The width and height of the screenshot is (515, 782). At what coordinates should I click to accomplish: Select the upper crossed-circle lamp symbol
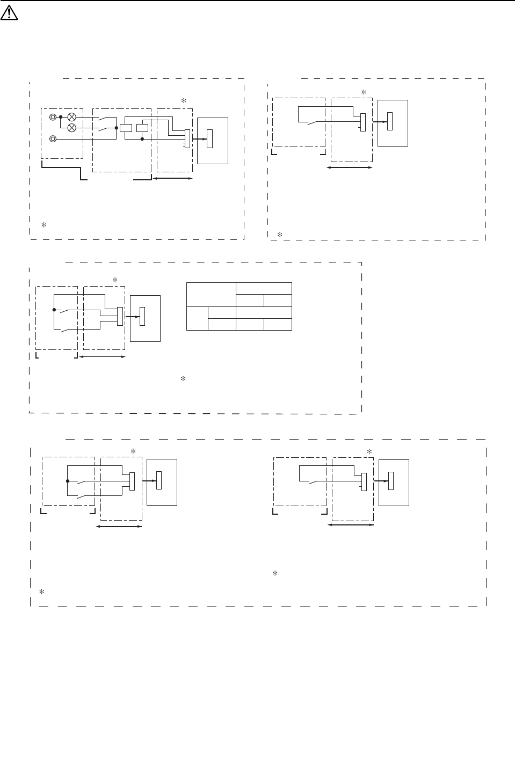click(71, 117)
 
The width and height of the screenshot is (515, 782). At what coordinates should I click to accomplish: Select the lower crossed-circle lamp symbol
click(71, 128)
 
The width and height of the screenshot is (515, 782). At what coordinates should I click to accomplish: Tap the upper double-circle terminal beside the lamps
click(53, 116)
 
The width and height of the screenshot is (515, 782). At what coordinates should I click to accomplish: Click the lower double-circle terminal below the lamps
click(53, 138)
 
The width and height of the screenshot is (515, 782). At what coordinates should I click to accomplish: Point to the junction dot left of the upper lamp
click(61, 117)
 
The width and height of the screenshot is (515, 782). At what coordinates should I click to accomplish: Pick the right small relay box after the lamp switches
click(142, 128)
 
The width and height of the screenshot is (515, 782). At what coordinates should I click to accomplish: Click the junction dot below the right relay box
click(142, 138)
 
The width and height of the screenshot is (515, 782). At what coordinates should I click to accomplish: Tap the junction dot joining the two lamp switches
click(116, 128)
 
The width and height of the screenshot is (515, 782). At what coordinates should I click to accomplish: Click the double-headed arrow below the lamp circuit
click(173, 178)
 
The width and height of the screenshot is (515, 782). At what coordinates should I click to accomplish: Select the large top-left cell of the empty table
click(211, 294)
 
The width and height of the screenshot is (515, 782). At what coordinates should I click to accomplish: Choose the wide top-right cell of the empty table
click(264, 288)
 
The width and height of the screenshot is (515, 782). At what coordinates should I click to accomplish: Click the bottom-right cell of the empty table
click(278, 324)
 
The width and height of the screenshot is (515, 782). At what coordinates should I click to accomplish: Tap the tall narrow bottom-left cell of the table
click(197, 318)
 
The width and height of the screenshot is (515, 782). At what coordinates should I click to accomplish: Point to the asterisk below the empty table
click(183, 379)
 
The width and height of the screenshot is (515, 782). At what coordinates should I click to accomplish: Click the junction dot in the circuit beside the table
click(54, 310)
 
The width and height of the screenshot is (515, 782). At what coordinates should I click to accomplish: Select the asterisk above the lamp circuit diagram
click(183, 101)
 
